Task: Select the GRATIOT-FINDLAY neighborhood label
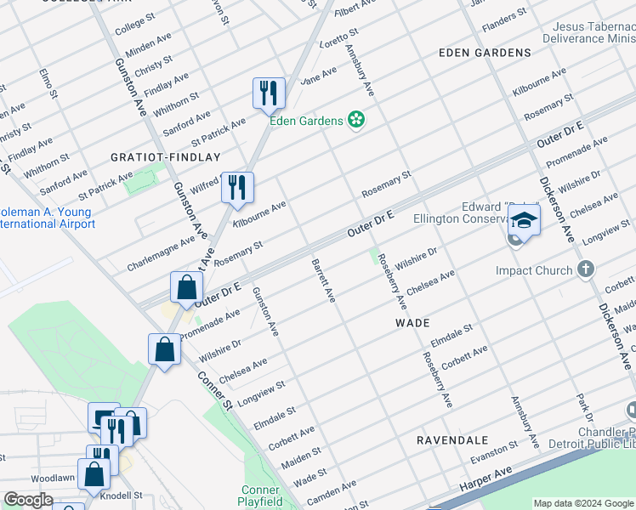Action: point(165,157)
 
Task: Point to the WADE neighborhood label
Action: point(412,324)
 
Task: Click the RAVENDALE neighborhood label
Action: point(451,440)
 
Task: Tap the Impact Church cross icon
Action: point(584,271)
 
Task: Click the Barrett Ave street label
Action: point(323,280)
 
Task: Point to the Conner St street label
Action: point(216,390)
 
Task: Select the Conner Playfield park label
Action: point(260,496)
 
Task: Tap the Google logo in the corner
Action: point(29,499)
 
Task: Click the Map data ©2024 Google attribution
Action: point(583,503)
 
